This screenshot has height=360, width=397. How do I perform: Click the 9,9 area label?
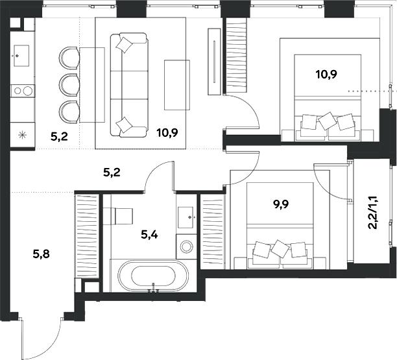click(x=280, y=204)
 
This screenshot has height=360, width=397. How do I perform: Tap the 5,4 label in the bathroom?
click(x=149, y=235)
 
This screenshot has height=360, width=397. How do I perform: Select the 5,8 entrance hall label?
click(x=42, y=254)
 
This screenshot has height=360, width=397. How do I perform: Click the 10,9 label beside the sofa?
click(x=167, y=132)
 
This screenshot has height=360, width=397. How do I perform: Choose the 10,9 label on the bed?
click(x=326, y=75)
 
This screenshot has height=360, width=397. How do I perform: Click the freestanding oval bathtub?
click(x=154, y=275)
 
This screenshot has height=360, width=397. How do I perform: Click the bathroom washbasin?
click(x=186, y=217)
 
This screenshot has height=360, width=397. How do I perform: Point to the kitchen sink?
click(x=21, y=56)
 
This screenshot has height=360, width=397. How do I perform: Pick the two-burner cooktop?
click(x=23, y=91)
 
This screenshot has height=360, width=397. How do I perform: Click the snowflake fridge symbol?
click(x=22, y=135)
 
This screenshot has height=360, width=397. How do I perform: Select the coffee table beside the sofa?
click(x=177, y=85)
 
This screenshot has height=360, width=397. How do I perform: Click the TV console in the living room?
click(x=214, y=62)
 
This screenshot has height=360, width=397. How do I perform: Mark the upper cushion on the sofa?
click(x=124, y=45)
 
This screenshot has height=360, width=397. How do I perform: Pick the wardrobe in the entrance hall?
click(x=87, y=236)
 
